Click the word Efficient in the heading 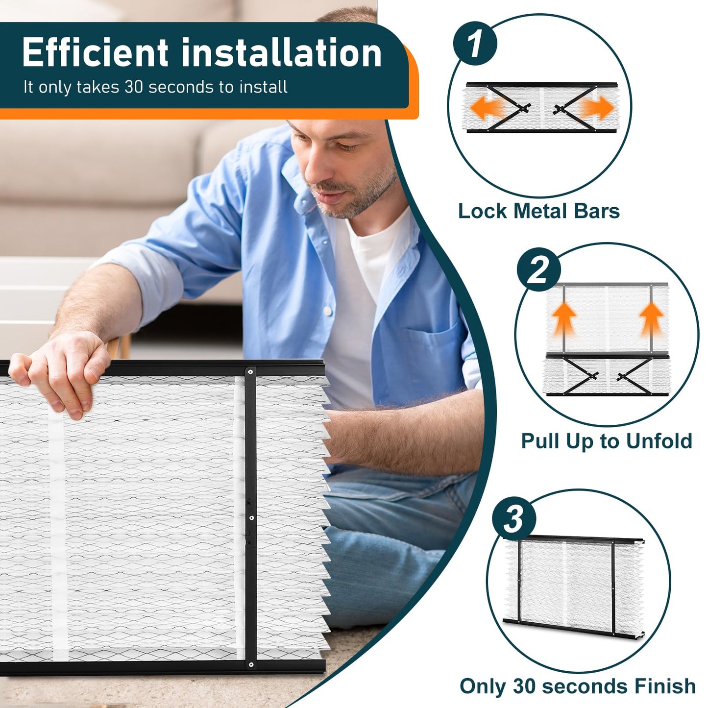[x=95, y=53]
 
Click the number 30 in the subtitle [x=133, y=87]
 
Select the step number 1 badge [x=474, y=44]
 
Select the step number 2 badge [x=538, y=269]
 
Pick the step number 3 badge [x=514, y=518]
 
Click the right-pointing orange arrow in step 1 [x=597, y=108]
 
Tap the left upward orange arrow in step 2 [x=564, y=318]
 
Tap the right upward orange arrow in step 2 [x=651, y=318]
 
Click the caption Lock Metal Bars [x=538, y=211]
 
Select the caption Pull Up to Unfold [x=606, y=441]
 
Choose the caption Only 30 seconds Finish [x=577, y=686]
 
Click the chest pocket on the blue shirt [x=431, y=358]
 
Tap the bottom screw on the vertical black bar [x=251, y=665]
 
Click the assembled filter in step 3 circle [x=573, y=586]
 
